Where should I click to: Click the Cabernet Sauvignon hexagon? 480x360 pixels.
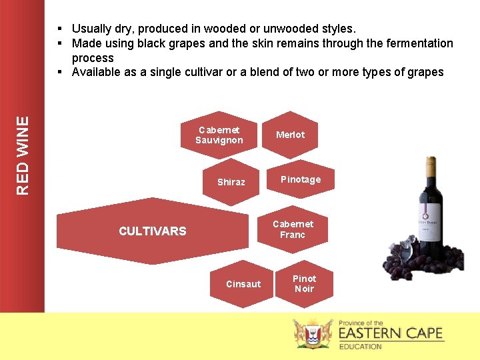coord(219,135)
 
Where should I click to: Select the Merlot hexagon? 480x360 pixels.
coord(290,135)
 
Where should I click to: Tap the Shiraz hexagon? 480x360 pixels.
coord(231,182)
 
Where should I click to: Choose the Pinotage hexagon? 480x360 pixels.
coord(300,179)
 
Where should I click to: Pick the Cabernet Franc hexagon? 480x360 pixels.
coord(292,229)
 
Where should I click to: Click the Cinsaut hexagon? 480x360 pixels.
coord(243,284)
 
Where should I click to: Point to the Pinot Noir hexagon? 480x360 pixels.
coord(304,283)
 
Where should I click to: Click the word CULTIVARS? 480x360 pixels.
coord(152,231)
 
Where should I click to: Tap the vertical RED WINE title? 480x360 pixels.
coord(23,156)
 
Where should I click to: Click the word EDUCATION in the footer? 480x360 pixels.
coord(360,347)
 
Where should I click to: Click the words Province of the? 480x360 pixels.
coord(361,323)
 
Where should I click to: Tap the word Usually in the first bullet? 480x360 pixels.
coord(92,29)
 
